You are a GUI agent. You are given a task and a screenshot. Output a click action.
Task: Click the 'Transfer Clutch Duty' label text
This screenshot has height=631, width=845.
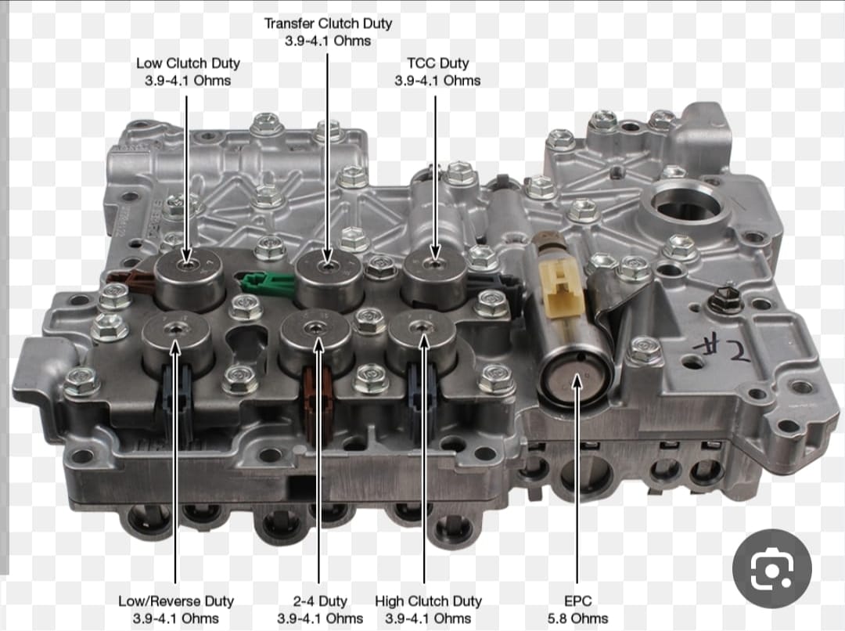[x=328, y=23]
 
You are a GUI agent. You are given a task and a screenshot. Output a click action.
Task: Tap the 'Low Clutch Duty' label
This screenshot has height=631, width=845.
[x=188, y=63]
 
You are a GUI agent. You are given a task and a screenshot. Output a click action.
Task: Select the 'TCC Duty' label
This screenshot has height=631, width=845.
[x=437, y=63]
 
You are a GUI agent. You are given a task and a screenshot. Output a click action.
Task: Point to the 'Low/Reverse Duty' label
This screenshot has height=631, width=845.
[x=176, y=600]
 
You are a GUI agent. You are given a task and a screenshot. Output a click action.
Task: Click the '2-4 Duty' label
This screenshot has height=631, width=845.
[x=319, y=600]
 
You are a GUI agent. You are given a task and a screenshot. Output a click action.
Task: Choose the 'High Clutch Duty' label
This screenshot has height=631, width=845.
[x=428, y=600]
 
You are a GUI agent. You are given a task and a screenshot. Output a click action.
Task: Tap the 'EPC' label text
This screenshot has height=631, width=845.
[x=577, y=600]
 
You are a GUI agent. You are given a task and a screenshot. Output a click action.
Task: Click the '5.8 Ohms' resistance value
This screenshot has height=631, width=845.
[x=577, y=618]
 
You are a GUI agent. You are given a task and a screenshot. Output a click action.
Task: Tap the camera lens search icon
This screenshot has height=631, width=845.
[x=771, y=568]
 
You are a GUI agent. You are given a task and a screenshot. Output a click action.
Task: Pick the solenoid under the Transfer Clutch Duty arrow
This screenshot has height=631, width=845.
[x=328, y=279]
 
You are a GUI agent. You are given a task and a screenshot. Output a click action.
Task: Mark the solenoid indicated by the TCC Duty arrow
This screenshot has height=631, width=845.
[x=434, y=279]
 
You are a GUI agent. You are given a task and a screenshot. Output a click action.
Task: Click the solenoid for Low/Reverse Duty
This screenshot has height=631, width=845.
[x=177, y=342]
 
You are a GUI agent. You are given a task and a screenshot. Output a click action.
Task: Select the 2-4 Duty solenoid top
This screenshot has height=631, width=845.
[x=316, y=326]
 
